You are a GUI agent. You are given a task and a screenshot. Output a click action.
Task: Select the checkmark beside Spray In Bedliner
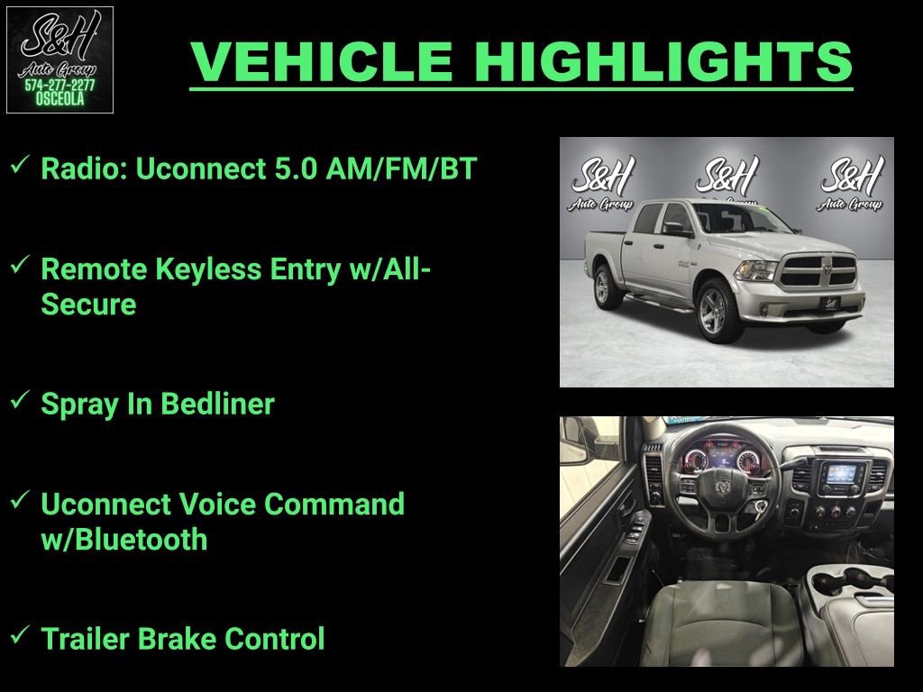18,401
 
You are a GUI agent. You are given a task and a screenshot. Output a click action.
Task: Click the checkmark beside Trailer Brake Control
18,636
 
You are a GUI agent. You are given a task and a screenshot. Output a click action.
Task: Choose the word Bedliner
218,404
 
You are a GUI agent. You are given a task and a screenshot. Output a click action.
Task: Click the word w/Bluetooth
124,540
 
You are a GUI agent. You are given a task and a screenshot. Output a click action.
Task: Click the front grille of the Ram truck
818,269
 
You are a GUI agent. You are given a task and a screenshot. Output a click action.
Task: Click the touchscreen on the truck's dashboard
842,475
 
